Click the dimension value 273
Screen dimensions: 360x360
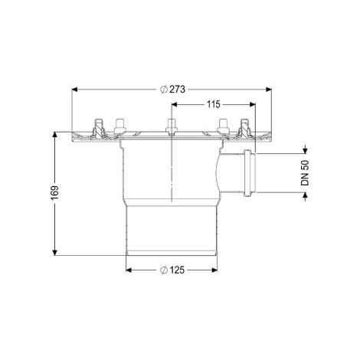pyautogui.click(x=177, y=90)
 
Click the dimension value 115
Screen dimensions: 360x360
pyautogui.click(x=213, y=104)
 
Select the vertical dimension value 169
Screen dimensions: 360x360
pyautogui.click(x=55, y=193)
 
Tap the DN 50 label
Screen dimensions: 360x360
pyautogui.click(x=305, y=173)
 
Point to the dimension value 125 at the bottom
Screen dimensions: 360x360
pyautogui.click(x=177, y=270)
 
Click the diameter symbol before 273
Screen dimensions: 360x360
pyautogui.click(x=164, y=90)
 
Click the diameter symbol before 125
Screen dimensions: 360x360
pyautogui.click(x=164, y=270)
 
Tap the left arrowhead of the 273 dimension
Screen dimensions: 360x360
pyautogui.click(x=74, y=89)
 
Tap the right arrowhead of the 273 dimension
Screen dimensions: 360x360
pyautogui.click(x=269, y=89)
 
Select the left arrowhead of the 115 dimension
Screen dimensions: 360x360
pyautogui.click(x=175, y=104)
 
